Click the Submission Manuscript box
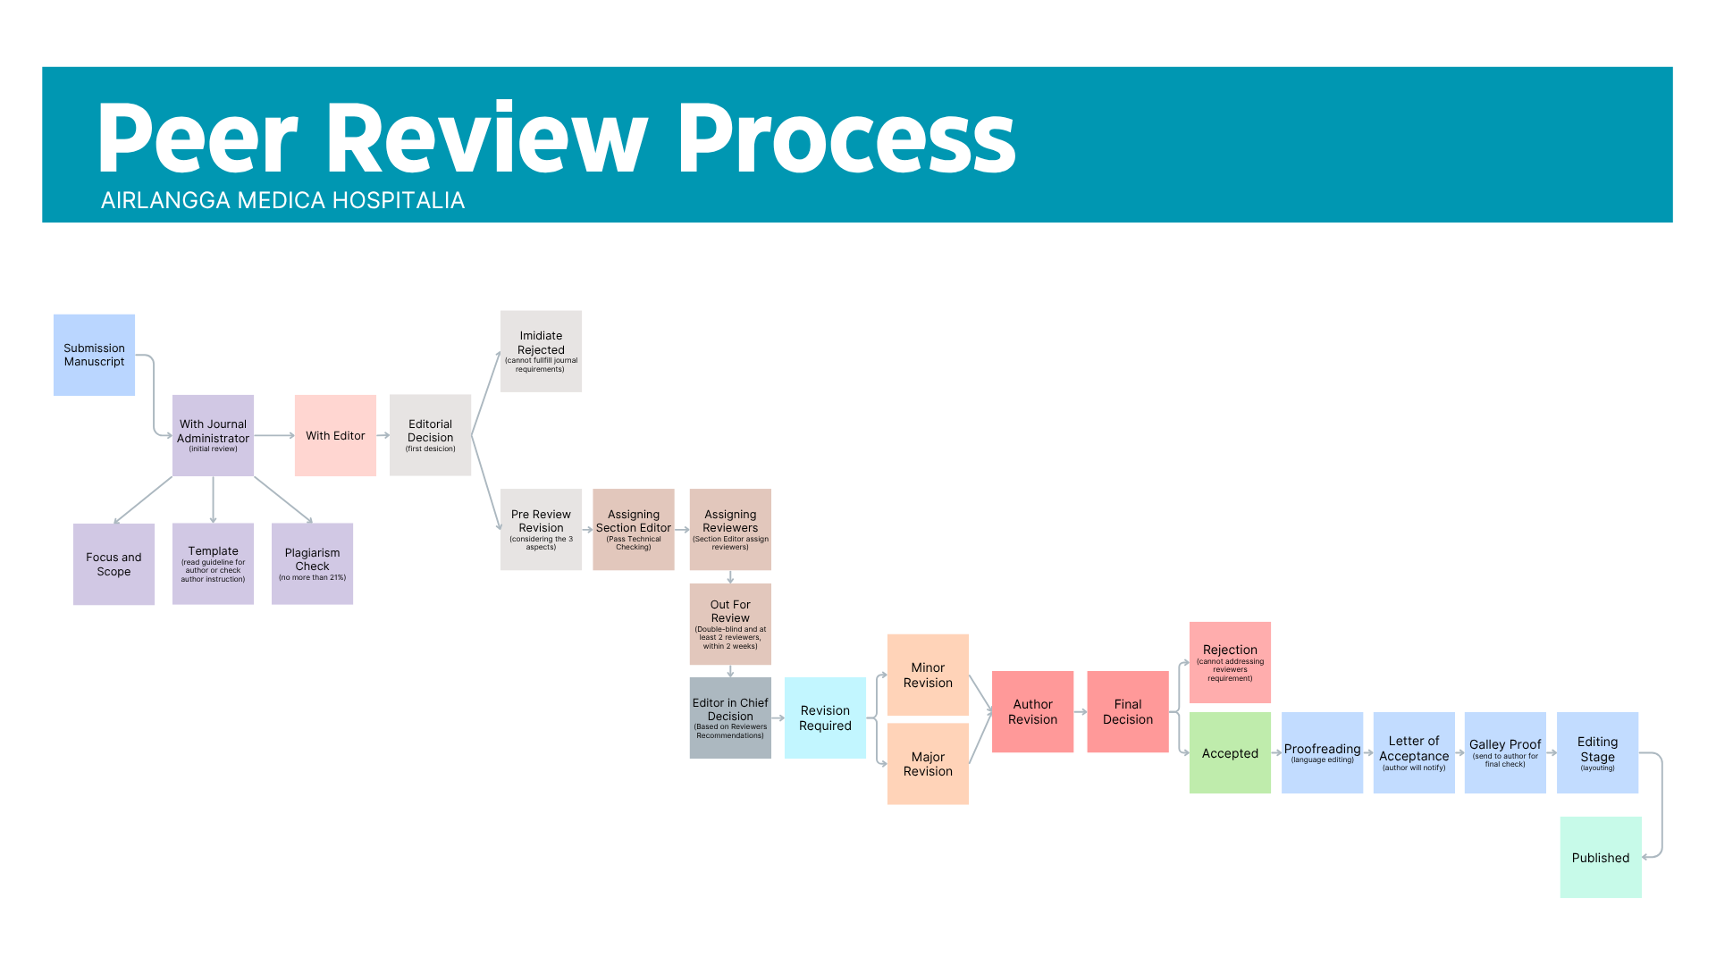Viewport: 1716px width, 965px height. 94,355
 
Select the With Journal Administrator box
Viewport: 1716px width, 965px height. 213,435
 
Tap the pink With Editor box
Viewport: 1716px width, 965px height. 335,435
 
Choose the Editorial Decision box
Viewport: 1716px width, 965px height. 430,435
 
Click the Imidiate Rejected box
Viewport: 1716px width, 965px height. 541,351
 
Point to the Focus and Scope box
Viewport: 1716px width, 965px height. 114,564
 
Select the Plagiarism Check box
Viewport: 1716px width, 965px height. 312,564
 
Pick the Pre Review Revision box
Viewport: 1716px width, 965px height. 541,529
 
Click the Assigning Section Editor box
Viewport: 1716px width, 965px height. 633,529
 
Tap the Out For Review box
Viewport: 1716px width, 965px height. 730,624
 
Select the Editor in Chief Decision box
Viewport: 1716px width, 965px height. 730,717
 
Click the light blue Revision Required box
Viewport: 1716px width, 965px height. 825,717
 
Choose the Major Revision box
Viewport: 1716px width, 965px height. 928,764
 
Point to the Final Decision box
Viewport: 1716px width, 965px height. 1127,711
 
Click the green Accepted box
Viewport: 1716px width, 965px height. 1230,752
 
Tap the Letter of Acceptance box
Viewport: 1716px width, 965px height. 1414,752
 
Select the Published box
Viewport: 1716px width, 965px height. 1601,857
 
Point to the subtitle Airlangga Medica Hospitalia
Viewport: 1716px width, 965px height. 282,200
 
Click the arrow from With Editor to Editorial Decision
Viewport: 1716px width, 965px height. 383,435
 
